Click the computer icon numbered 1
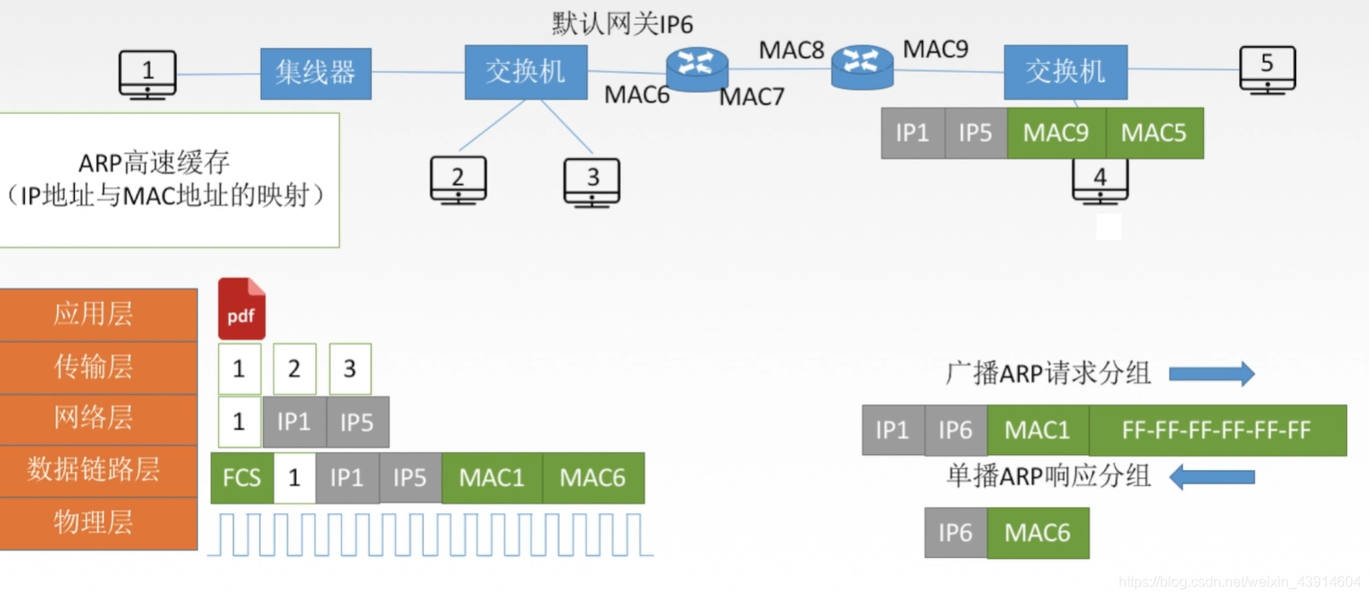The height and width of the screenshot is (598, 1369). [x=148, y=74]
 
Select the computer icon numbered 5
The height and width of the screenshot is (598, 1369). [x=1267, y=69]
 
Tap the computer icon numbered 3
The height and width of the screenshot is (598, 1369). [x=592, y=181]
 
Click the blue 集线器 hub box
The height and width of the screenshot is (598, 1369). [x=315, y=73]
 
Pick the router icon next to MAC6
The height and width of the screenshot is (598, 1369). [x=697, y=68]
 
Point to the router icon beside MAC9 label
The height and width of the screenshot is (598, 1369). [x=862, y=66]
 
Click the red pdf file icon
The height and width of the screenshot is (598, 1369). [x=241, y=309]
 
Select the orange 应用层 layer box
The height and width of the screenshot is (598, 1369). [x=98, y=314]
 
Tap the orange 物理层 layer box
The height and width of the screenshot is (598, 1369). [x=98, y=522]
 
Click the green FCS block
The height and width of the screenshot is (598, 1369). [x=241, y=478]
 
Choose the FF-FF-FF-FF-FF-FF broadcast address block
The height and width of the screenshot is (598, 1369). [x=1217, y=431]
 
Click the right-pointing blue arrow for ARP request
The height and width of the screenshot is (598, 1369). [x=1211, y=374]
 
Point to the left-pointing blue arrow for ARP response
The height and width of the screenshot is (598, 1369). [x=1211, y=479]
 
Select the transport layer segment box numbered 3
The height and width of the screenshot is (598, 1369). [x=350, y=368]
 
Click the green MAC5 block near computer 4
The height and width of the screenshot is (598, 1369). [x=1153, y=133]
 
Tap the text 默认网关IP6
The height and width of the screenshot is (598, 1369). [x=622, y=23]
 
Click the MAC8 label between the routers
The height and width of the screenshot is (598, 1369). [x=791, y=50]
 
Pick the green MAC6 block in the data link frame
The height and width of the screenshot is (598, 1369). [x=592, y=478]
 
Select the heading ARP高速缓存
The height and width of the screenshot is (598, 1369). [x=155, y=163]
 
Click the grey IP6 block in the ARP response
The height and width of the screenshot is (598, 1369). [x=955, y=533]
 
